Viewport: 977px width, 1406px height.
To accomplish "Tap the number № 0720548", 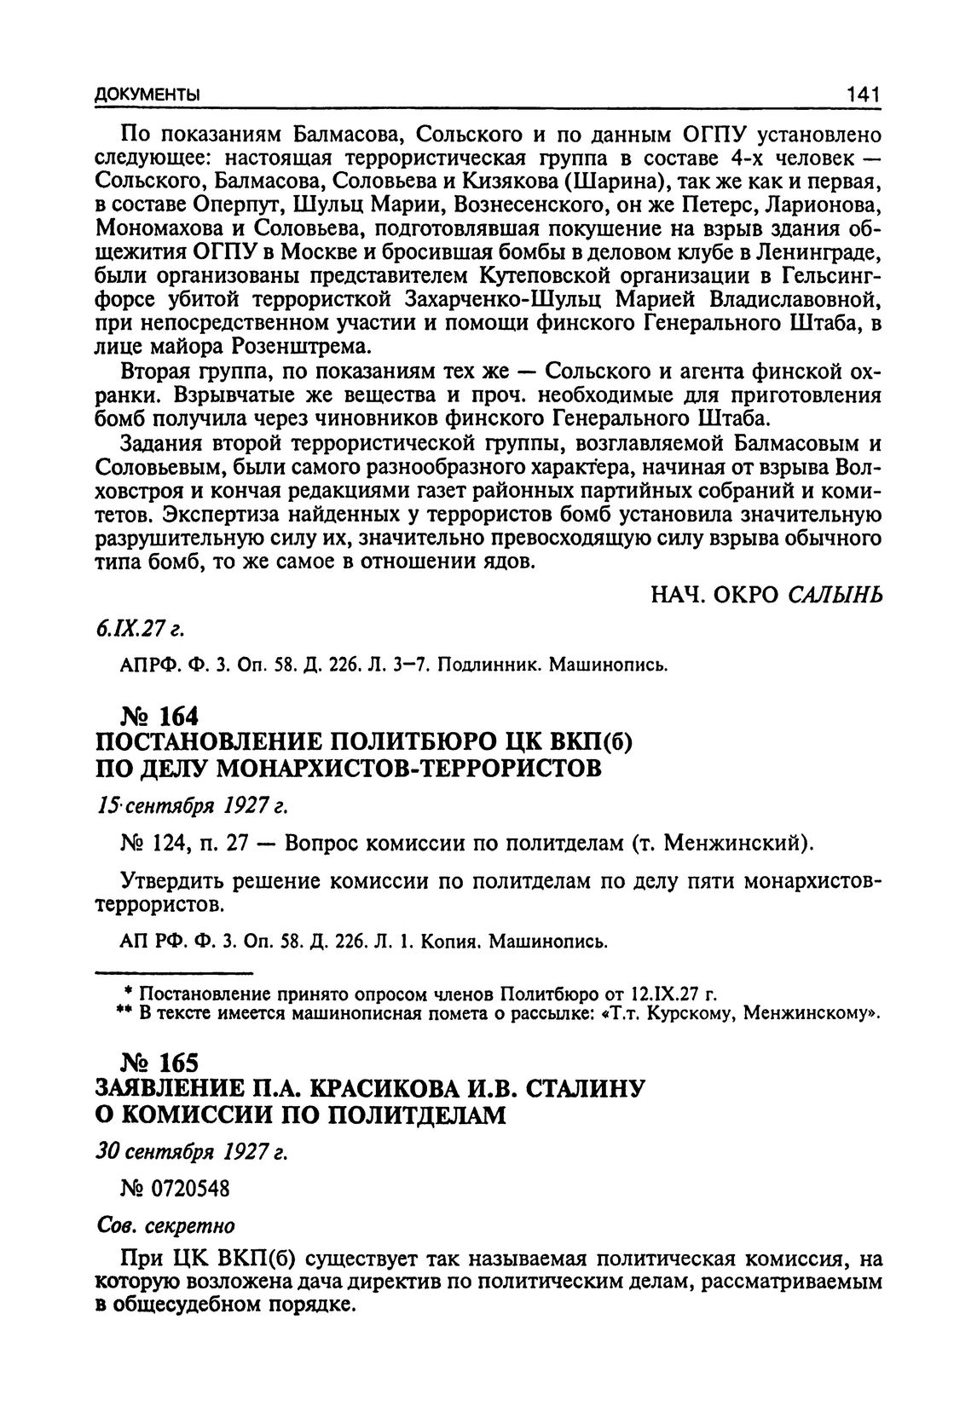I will tap(176, 1189).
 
